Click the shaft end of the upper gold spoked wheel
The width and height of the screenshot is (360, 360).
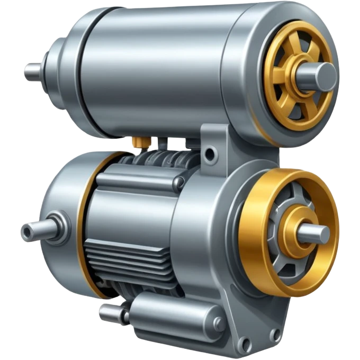pyautogui.click(x=324, y=76)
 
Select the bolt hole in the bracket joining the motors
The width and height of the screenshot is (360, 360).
pyautogui.click(x=211, y=155)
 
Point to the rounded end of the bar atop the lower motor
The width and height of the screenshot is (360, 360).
pyautogui.click(x=179, y=183)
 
